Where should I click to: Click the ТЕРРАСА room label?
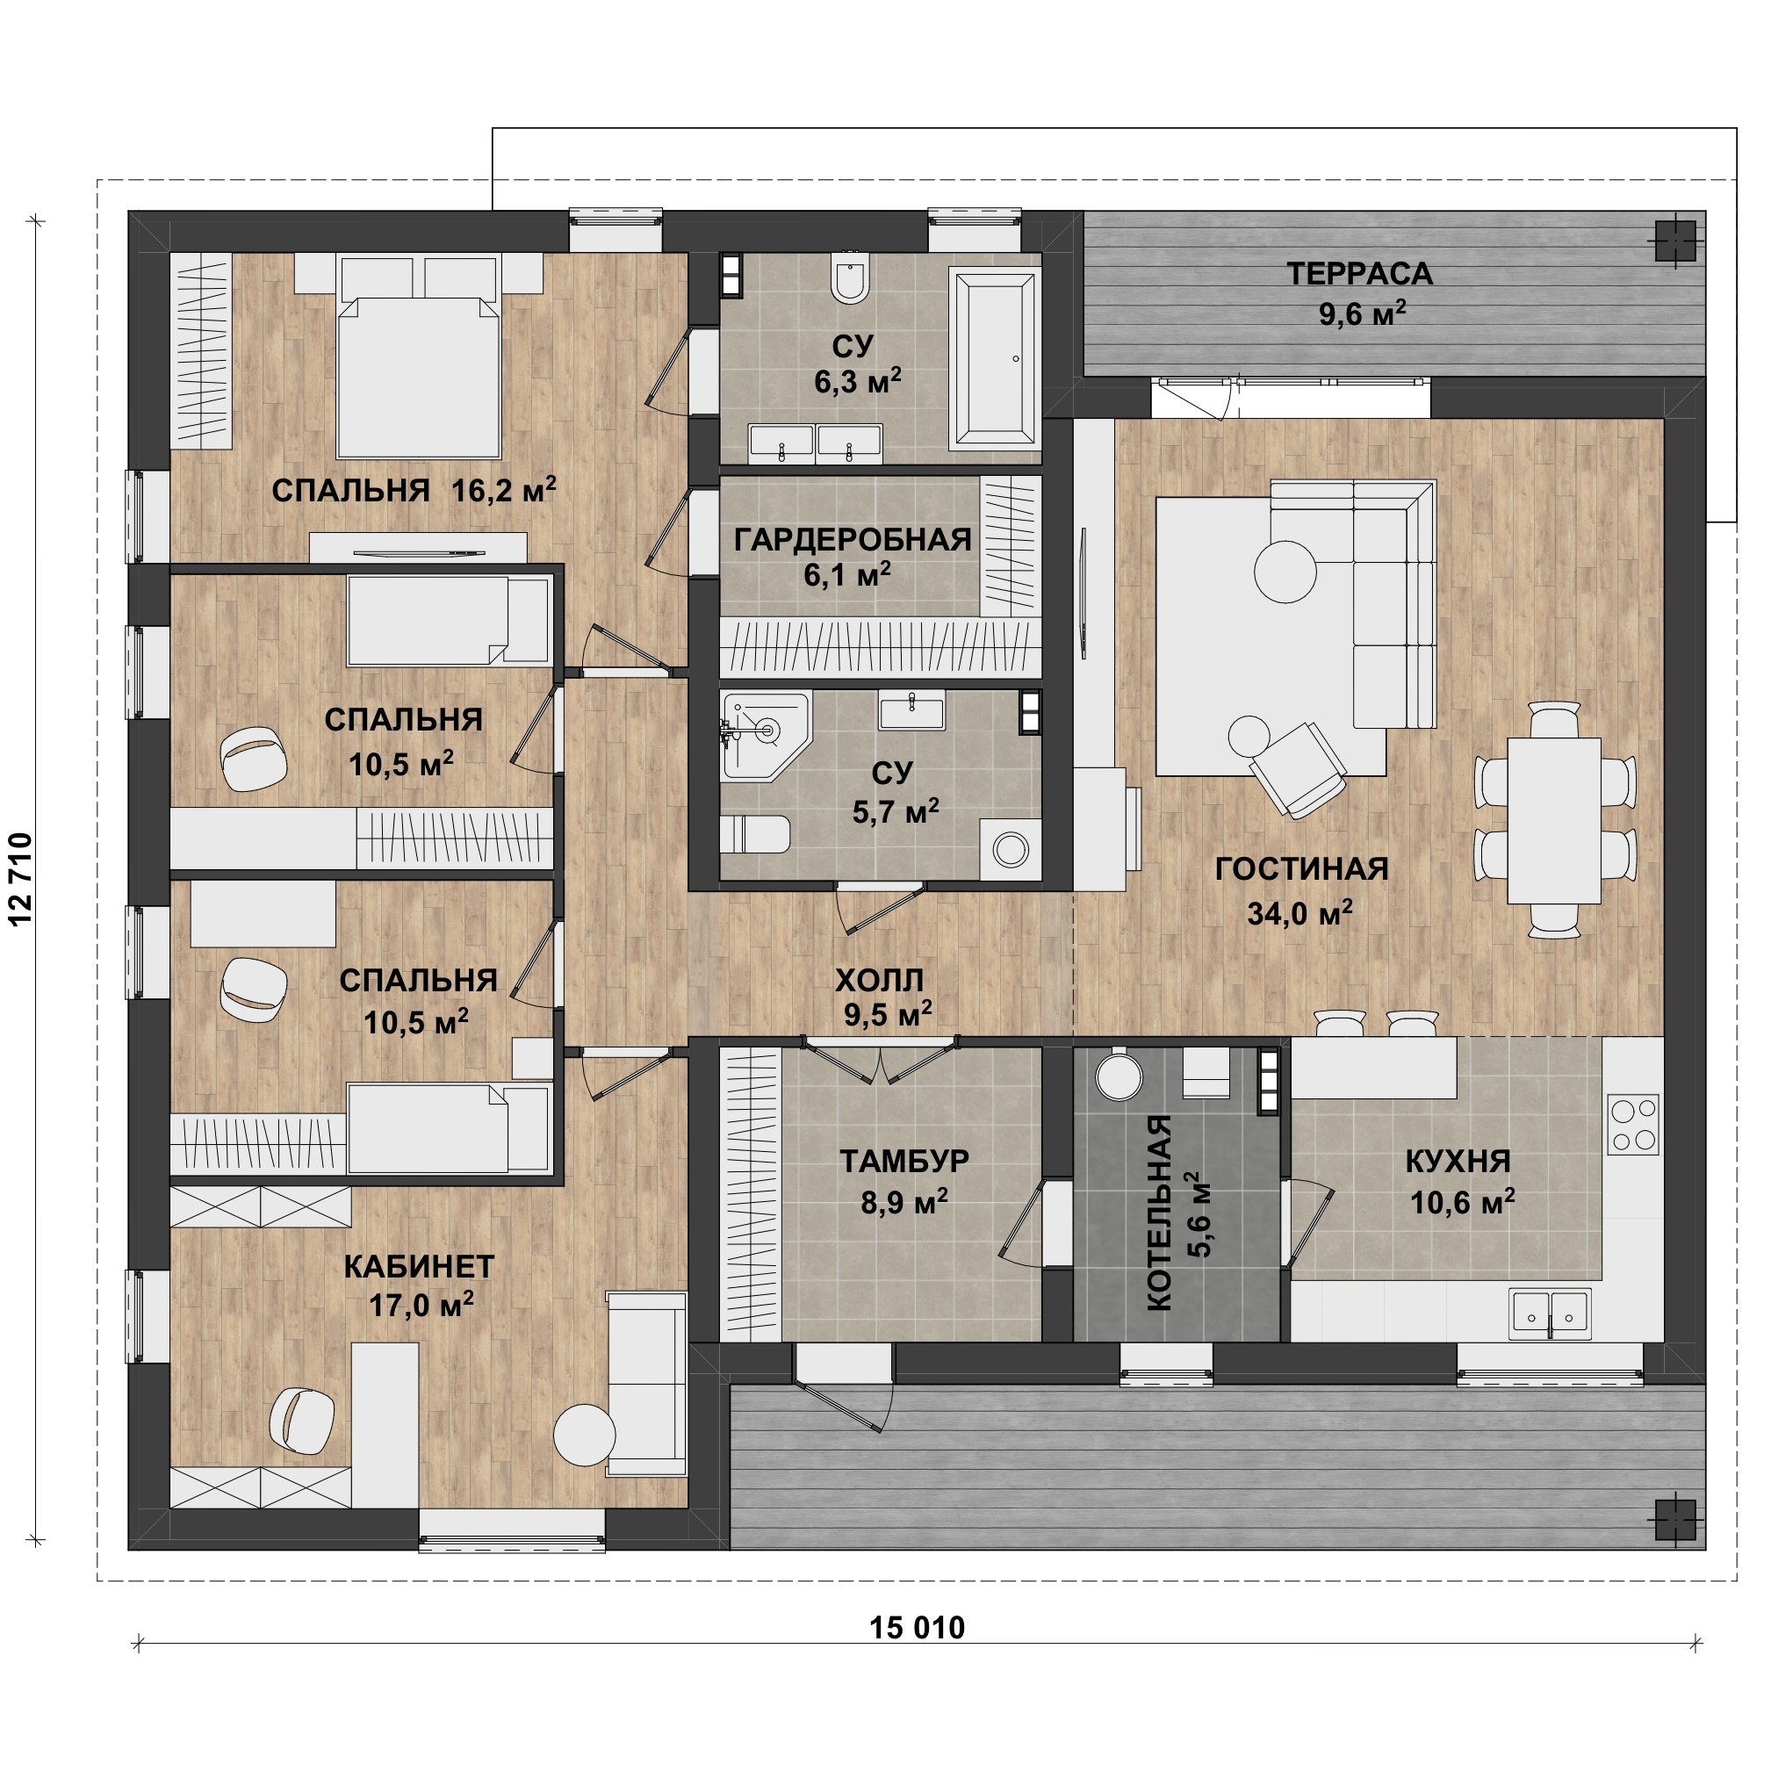click(1358, 274)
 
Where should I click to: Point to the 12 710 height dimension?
click(20, 879)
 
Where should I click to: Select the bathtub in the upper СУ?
click(995, 358)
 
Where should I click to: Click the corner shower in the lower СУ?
click(765, 737)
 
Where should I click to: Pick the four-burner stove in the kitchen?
click(1633, 1125)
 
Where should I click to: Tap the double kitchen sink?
click(1550, 1314)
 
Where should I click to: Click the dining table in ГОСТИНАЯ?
click(1555, 820)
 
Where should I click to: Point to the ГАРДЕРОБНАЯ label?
click(853, 540)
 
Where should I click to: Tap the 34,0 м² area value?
click(1299, 914)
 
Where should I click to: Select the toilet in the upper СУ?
click(849, 276)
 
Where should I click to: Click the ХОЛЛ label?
click(879, 981)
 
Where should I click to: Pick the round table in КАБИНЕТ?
click(585, 1434)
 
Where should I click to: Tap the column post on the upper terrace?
click(1674, 241)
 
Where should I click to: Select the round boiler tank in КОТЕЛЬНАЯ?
click(1119, 1075)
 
